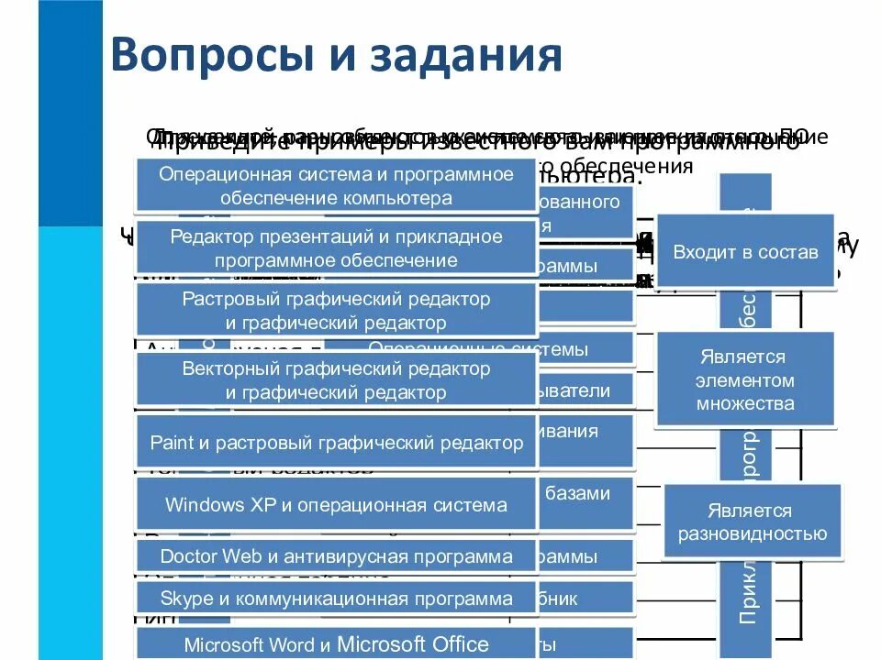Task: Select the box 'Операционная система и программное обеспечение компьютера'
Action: (x=336, y=186)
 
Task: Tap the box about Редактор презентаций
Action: (x=336, y=248)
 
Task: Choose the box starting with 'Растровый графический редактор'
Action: (x=336, y=311)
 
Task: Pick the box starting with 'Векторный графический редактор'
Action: (x=336, y=380)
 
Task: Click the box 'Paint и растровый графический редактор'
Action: (x=336, y=443)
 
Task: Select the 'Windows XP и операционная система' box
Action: (x=336, y=505)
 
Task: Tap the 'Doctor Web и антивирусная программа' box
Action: (x=336, y=556)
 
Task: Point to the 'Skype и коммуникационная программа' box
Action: (x=336, y=599)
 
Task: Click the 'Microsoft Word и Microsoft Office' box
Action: (x=336, y=643)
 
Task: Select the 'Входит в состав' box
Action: (x=745, y=252)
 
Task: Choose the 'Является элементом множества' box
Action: (x=745, y=379)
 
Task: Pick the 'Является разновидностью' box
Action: (x=753, y=522)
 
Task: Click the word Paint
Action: (x=171, y=444)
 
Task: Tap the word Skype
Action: (x=186, y=599)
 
